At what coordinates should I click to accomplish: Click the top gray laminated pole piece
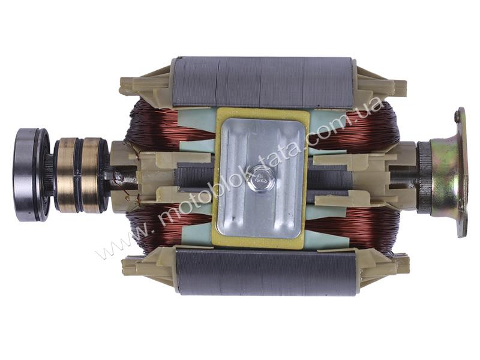(x=263, y=83)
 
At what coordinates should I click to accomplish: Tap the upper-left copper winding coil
(x=159, y=125)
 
